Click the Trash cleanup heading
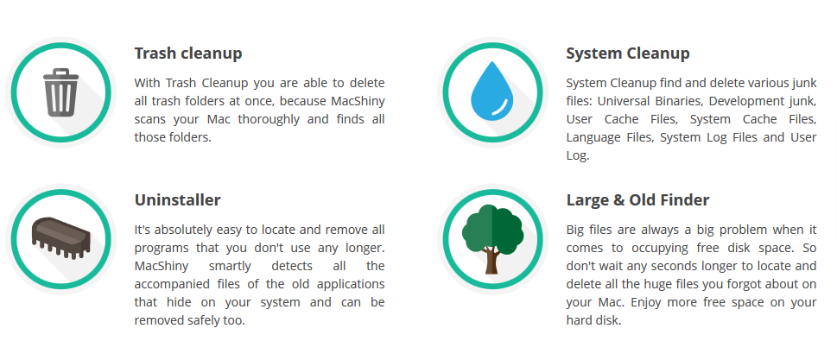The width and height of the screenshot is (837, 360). pyautogui.click(x=188, y=54)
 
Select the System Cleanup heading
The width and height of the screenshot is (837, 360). pyautogui.click(x=628, y=54)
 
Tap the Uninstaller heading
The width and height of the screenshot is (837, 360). pyautogui.click(x=177, y=200)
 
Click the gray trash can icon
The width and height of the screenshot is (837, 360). pyautogui.click(x=60, y=92)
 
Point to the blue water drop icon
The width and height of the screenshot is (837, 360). pyautogui.click(x=491, y=91)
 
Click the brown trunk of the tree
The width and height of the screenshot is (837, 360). pyautogui.click(x=491, y=261)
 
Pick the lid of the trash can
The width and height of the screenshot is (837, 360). pyautogui.click(x=60, y=74)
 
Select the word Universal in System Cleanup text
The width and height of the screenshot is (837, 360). pyautogui.click(x=622, y=101)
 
